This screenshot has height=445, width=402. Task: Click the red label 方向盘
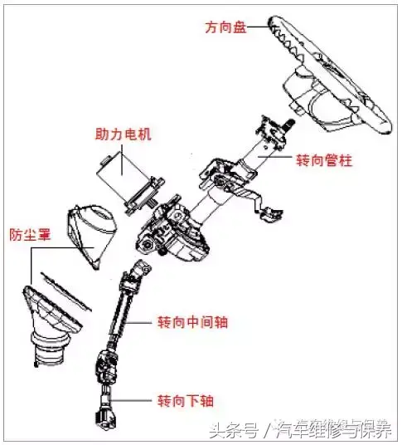click(225, 27)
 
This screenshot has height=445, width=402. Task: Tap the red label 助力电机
click(123, 134)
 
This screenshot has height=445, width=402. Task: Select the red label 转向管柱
click(324, 160)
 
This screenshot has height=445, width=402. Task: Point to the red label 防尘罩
click(30, 235)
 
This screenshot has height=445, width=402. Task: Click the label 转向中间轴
click(192, 322)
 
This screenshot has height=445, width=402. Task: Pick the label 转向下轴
click(186, 401)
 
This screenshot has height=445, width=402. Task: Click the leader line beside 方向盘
click(258, 27)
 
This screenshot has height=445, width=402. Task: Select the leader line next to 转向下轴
click(131, 401)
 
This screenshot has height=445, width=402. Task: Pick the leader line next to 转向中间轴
click(138, 323)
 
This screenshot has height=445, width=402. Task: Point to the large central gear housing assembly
click(172, 230)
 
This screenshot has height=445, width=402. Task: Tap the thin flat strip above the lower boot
click(66, 291)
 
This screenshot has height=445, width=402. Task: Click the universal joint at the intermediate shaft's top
click(138, 271)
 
